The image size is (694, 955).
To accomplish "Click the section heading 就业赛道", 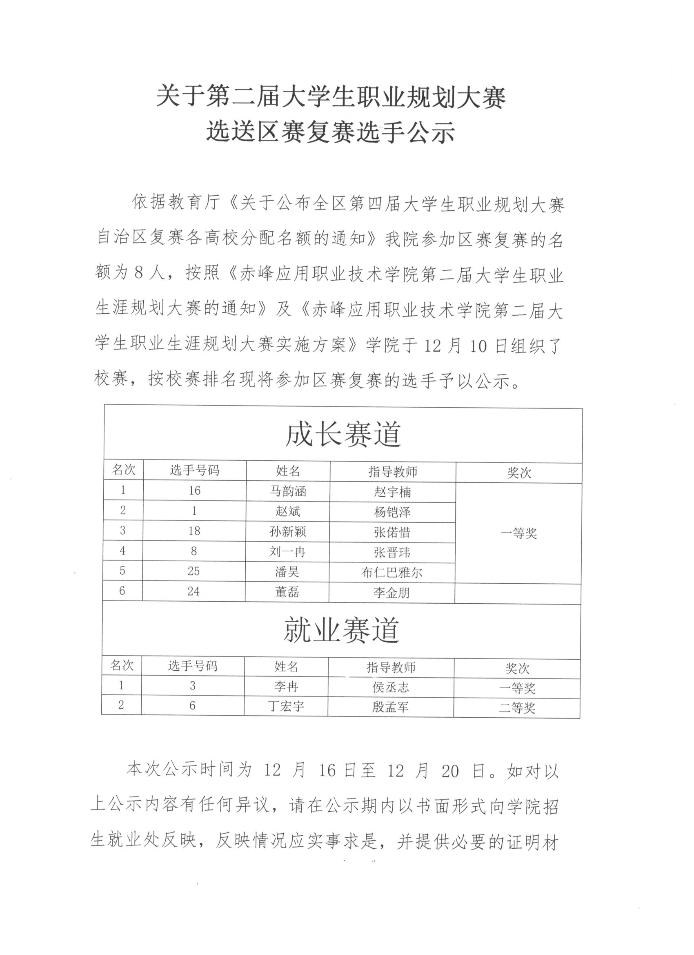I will pos(341,630).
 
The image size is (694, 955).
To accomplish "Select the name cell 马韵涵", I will pos(288,491).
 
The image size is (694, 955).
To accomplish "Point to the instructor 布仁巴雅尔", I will pos(391,572).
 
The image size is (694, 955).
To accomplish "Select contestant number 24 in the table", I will pos(194,591).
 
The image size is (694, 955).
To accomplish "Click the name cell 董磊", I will pos(287,592).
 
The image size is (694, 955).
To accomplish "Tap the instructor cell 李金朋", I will pos(391,593).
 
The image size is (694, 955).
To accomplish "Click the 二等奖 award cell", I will pos(517,708).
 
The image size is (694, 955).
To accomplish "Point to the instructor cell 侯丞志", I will pos(391,687).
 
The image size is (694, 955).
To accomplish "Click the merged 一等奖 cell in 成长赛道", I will pos(518,533).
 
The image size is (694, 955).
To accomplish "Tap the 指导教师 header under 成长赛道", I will pos(393,472).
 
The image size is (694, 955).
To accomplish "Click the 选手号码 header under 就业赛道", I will pos(193,666).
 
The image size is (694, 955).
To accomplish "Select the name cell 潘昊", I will pos(287,571).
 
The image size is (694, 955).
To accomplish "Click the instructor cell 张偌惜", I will pos(392,532).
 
